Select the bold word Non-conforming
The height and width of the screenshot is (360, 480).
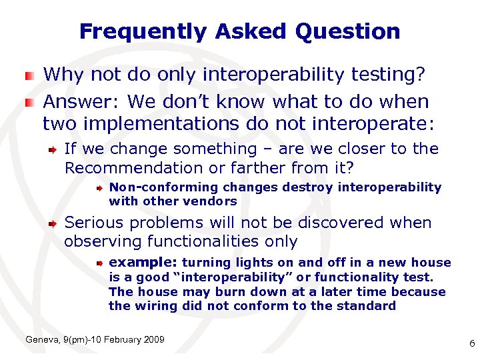[x=154, y=187]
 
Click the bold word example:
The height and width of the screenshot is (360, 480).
[x=143, y=263]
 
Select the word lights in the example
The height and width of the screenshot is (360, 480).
[x=246, y=263]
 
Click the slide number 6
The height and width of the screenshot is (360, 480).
[x=471, y=344]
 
